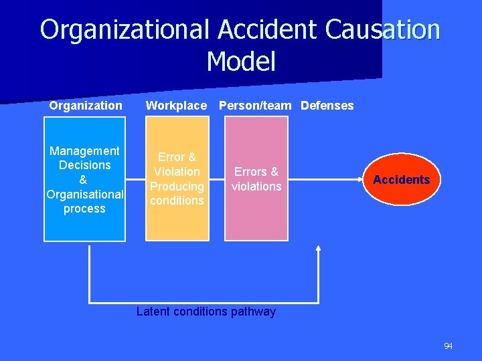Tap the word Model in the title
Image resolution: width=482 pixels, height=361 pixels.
(241, 62)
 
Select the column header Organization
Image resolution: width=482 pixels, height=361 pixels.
(86, 106)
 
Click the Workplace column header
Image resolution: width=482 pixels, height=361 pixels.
(177, 106)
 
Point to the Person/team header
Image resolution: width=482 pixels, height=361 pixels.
(255, 106)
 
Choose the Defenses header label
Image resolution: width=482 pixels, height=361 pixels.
(327, 106)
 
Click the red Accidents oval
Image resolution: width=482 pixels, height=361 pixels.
(402, 180)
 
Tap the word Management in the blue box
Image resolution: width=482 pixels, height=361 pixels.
(84, 151)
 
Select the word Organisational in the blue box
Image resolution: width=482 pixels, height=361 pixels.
(85, 195)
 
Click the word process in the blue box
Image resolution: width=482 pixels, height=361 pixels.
(84, 209)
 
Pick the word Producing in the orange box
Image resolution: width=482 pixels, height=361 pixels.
(177, 187)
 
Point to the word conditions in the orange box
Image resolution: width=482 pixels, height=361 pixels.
(177, 201)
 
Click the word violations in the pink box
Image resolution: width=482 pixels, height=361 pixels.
(256, 187)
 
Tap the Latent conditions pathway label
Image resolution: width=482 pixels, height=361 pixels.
(206, 312)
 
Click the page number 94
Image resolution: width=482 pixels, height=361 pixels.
(448, 346)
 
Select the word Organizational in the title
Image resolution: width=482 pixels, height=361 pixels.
(125, 30)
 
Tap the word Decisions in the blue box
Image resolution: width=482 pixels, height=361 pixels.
(84, 165)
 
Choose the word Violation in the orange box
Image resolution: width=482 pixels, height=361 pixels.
(177, 172)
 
